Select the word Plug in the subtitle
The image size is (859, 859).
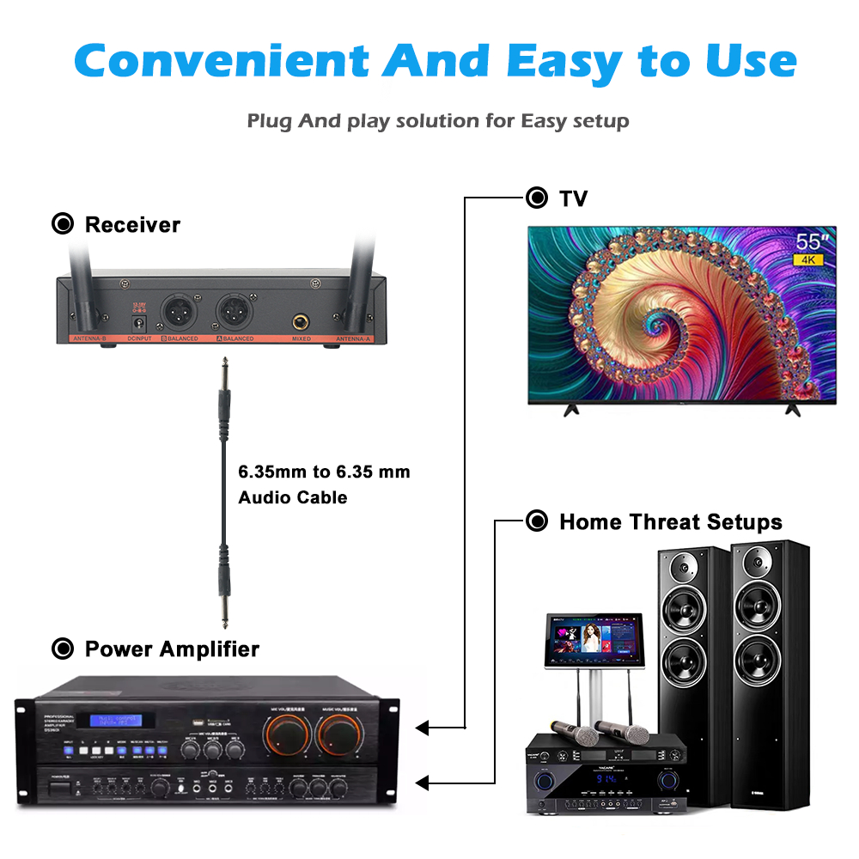269,121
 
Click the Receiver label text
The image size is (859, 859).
132,225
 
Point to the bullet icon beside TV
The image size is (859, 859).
537,198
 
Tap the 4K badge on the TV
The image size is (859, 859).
809,259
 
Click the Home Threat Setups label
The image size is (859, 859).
670,521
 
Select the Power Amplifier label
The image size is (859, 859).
172,649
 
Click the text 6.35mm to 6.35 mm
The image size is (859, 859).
324,472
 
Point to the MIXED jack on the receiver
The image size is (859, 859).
302,320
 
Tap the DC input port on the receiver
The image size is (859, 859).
135,323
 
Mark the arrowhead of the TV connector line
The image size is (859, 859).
422,728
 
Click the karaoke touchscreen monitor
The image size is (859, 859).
594,642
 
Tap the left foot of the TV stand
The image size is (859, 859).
569,410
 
